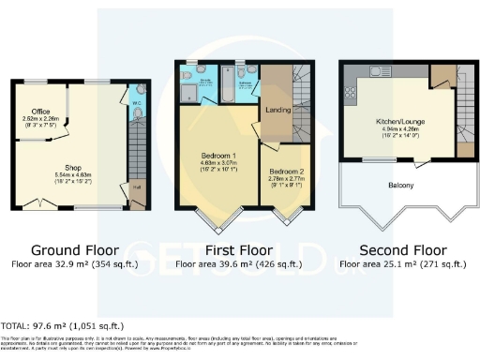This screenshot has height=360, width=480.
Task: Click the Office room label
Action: pos(39,111)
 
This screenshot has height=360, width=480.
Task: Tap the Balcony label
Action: pos(402,185)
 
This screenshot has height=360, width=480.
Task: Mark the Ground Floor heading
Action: pos(75,250)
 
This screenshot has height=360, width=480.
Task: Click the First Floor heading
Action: pos(239,250)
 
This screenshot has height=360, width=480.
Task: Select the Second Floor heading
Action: pos(402,250)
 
